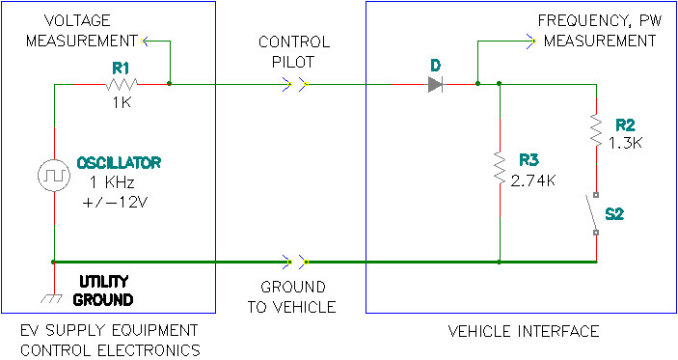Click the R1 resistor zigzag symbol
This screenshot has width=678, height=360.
(x=122, y=84)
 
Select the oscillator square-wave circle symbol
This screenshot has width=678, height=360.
(x=54, y=176)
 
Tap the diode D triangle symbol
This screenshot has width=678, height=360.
(x=435, y=84)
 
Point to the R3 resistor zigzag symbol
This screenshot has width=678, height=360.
(x=500, y=167)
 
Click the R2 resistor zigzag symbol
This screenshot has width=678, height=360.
(x=596, y=130)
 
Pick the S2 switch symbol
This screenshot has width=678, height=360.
(x=593, y=213)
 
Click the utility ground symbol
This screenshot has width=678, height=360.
(x=52, y=298)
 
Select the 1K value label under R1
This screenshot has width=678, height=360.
(x=122, y=103)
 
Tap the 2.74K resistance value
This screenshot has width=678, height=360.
(x=532, y=180)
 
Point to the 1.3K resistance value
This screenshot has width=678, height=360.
(x=626, y=143)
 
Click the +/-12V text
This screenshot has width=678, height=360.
(x=115, y=202)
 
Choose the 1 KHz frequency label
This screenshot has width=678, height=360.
(x=112, y=182)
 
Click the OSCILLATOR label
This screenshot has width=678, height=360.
(x=119, y=163)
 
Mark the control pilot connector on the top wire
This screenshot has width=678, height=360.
(x=296, y=84)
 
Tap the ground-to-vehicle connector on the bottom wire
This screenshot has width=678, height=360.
(x=296, y=262)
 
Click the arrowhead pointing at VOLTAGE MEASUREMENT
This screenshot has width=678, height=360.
(x=145, y=42)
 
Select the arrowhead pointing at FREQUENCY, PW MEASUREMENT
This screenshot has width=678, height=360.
(x=531, y=42)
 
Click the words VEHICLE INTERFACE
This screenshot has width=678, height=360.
(x=524, y=331)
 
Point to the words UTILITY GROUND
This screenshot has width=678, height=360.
(x=103, y=291)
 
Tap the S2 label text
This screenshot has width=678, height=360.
(x=614, y=214)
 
